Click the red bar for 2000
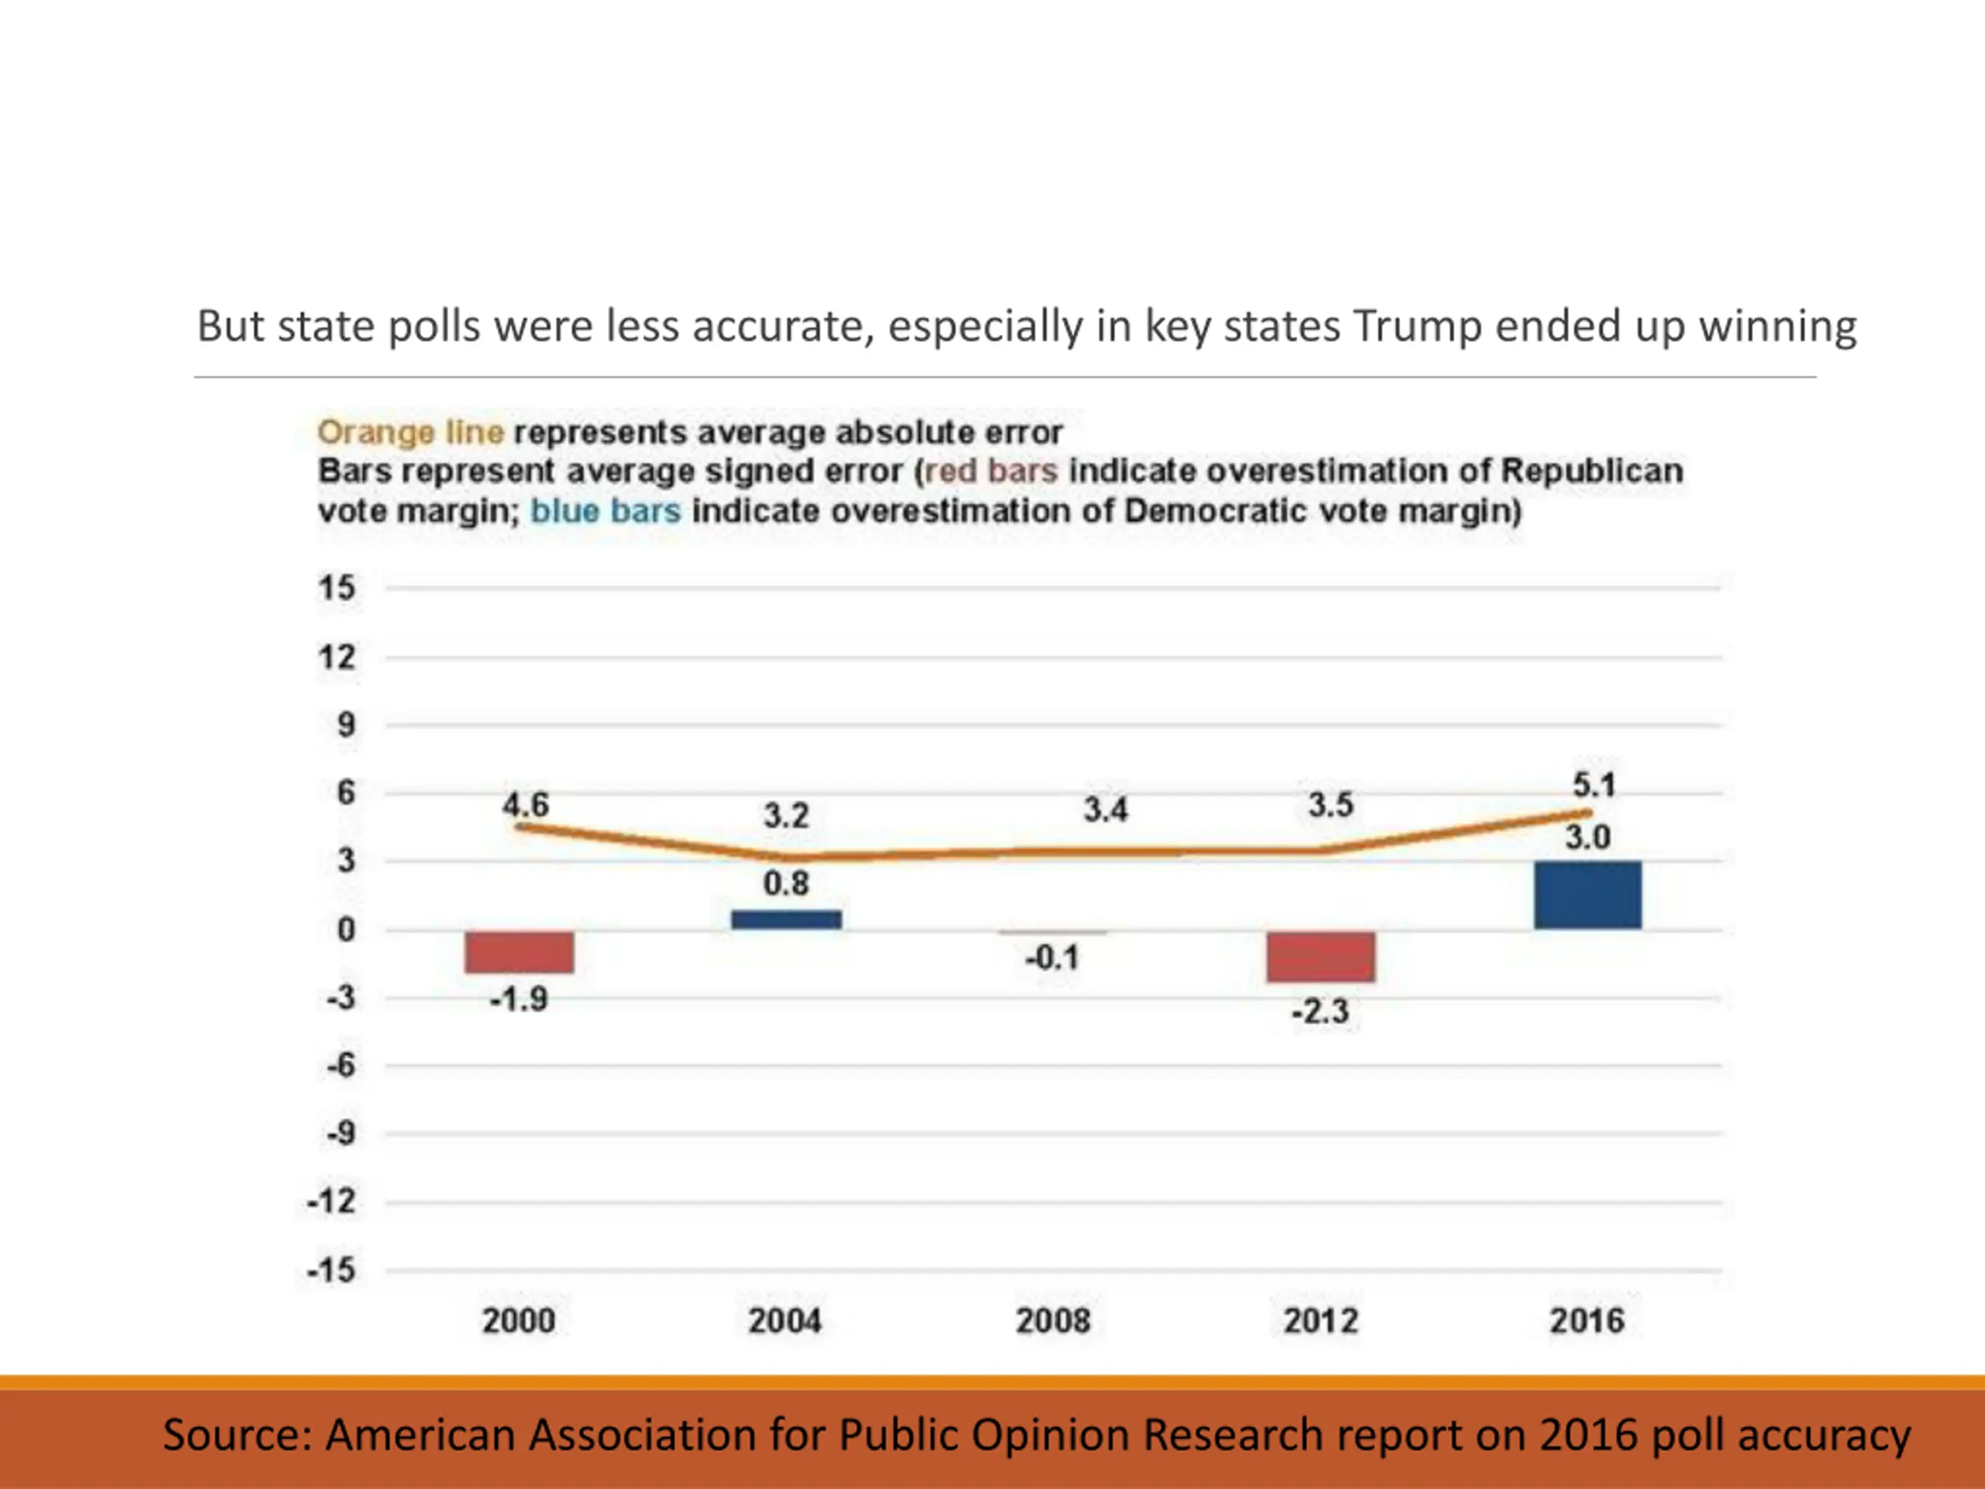pos(519,952)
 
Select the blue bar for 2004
pos(786,920)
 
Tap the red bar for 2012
pos(1321,957)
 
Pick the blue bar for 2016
pos(1587,895)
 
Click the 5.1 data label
pos(1593,786)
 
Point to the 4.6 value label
pos(525,804)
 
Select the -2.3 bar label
pos(1320,1012)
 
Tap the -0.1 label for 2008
pos(1051,959)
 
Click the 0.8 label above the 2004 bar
pos(786,884)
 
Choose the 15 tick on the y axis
pos(337,589)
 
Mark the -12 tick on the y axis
pos(331,1202)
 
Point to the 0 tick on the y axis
pos(347,930)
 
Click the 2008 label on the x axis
pos(1053,1321)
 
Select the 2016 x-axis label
pos(1586,1321)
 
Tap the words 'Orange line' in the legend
pos(410,433)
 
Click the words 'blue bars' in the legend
pos(606,511)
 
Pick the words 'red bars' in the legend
pos(991,472)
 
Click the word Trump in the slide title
pos(1417,326)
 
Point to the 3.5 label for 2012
pos(1330,805)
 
